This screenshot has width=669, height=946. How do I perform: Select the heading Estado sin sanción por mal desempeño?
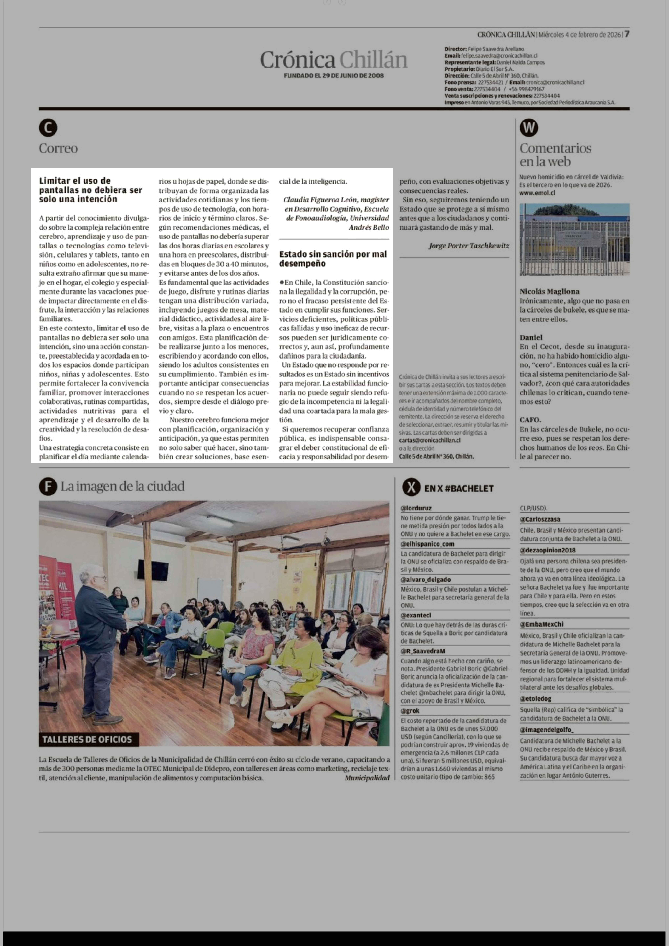tap(333, 259)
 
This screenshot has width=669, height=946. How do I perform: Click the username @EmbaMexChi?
tap(541, 624)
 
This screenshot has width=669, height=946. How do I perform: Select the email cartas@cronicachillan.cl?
tap(430, 440)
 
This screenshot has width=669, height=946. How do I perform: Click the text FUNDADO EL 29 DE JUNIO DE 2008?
tap(334, 76)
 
